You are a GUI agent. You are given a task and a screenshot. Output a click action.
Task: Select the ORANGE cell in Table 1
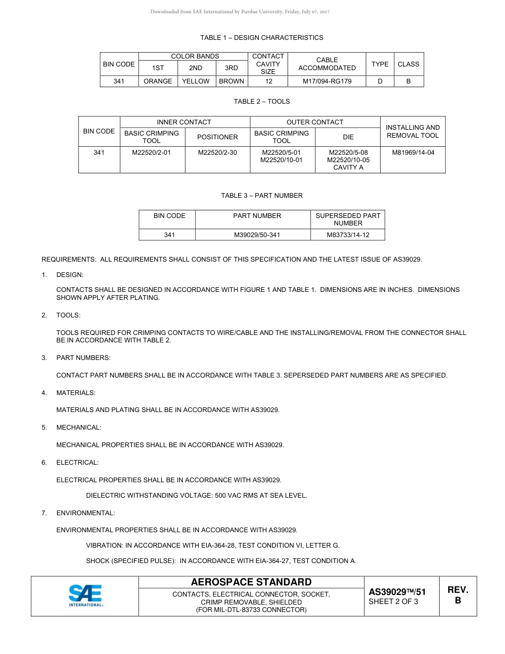[x=158, y=81]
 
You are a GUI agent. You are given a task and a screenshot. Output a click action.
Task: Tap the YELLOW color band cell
[x=196, y=81]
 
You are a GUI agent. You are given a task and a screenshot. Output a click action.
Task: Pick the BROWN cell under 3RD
[x=232, y=81]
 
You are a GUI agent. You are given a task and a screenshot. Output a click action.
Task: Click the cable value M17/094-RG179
[x=327, y=81]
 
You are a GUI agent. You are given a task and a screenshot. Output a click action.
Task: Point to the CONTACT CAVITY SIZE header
[x=268, y=64]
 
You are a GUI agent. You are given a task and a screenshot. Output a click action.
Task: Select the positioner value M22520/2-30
[x=217, y=153]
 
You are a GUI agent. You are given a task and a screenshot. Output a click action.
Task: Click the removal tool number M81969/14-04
[x=413, y=153]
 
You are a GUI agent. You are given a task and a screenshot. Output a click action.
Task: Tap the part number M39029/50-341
[x=257, y=234]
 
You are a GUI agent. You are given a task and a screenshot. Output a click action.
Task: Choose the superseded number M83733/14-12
[x=348, y=234]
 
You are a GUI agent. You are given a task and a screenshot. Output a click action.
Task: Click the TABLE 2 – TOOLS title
[x=262, y=102]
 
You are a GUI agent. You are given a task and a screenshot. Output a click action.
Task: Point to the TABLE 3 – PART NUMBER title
[x=262, y=196]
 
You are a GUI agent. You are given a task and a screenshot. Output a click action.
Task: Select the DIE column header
[x=348, y=137]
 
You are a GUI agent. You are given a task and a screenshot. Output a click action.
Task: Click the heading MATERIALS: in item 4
[x=76, y=393]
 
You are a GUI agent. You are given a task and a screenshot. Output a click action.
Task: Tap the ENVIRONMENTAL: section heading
[x=86, y=513]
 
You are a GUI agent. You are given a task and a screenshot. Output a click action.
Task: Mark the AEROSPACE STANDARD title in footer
[x=251, y=582]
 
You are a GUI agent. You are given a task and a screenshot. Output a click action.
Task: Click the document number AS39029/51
[x=397, y=592]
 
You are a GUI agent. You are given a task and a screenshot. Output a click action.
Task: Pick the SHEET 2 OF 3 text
[x=393, y=602]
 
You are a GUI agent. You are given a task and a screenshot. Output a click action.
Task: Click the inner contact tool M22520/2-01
[x=151, y=153]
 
